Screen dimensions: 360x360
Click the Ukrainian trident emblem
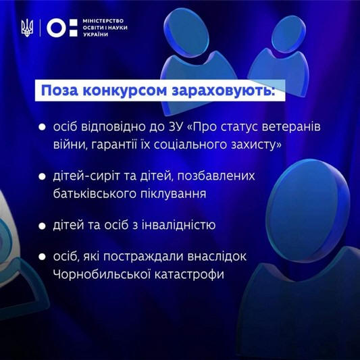tap(27, 28)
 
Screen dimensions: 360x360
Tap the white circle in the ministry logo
tap(56, 28)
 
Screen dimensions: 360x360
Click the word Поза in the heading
tap(59, 91)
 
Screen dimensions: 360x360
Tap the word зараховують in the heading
tap(224, 91)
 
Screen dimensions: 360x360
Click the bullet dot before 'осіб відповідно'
tap(42, 127)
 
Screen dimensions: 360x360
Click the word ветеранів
tap(291, 127)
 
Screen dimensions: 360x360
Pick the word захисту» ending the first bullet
tap(256, 145)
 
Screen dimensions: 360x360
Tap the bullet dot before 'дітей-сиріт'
tap(42, 176)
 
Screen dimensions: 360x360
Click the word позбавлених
tap(216, 176)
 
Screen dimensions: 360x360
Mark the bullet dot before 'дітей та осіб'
tap(42, 226)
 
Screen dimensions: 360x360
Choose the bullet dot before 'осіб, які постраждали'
tap(42, 257)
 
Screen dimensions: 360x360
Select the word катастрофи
tap(189, 275)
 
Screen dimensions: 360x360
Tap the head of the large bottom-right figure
tap(307, 211)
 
